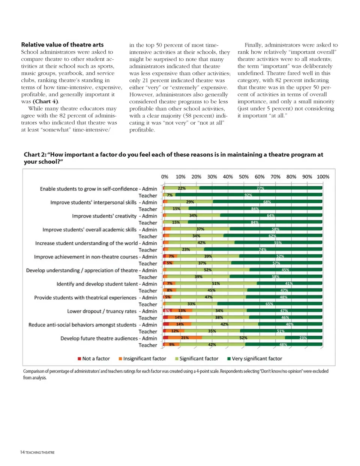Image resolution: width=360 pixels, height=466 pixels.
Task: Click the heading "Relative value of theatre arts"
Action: (62, 45)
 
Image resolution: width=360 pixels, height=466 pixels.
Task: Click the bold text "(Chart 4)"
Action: (45, 102)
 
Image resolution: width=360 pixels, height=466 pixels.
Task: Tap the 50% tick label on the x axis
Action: (244, 177)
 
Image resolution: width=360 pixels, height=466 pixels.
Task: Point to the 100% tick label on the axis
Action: (323, 177)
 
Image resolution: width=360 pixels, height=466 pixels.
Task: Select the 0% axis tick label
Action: (165, 177)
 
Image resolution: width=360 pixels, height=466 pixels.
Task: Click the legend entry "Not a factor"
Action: (94, 358)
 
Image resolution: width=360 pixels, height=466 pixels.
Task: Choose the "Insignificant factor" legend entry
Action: (142, 358)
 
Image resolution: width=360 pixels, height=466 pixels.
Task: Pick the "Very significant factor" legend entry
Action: (255, 358)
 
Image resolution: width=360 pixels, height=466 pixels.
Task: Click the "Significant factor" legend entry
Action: (196, 358)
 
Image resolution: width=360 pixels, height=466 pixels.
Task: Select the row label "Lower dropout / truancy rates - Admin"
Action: (112, 311)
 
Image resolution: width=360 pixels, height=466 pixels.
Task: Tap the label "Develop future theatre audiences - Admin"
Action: (109, 338)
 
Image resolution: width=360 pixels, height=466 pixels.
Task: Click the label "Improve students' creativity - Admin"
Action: (114, 216)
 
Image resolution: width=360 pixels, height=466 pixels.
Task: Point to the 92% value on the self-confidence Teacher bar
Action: (248, 195)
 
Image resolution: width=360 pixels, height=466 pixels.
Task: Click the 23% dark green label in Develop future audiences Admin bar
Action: (303, 338)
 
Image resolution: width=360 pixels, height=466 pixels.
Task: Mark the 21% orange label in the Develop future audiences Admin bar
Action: (185, 338)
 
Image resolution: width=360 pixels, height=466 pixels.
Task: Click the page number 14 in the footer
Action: (22, 453)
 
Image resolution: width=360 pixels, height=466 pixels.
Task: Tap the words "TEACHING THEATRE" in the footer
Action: (40, 453)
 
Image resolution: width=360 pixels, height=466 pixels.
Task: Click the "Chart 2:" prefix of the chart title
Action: (35, 154)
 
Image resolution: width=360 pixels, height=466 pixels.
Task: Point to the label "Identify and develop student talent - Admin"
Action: (106, 284)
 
